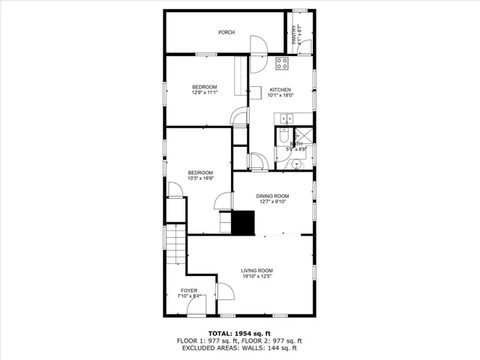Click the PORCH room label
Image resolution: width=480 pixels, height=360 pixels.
(226, 32)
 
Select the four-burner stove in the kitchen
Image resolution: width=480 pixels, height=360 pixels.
(282, 63)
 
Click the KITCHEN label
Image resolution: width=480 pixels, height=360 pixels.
(280, 90)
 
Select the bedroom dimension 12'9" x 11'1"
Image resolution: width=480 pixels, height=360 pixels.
(204, 93)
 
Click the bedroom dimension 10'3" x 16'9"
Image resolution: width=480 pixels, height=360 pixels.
(200, 178)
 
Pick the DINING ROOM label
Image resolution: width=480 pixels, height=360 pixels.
(274, 196)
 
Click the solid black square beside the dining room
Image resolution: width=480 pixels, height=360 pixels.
(243, 222)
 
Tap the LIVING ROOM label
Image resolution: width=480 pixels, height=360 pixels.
(256, 270)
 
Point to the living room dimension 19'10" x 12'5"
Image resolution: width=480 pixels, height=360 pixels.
(256, 276)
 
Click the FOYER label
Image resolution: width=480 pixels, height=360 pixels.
(189, 290)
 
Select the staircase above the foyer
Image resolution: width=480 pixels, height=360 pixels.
(175, 248)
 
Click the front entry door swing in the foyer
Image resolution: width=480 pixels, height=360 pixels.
(223, 293)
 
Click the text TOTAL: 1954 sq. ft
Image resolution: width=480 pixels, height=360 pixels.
(240, 333)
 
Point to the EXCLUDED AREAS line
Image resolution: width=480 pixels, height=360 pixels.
(240, 348)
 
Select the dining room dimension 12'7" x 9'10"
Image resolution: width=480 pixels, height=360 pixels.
(274, 202)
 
